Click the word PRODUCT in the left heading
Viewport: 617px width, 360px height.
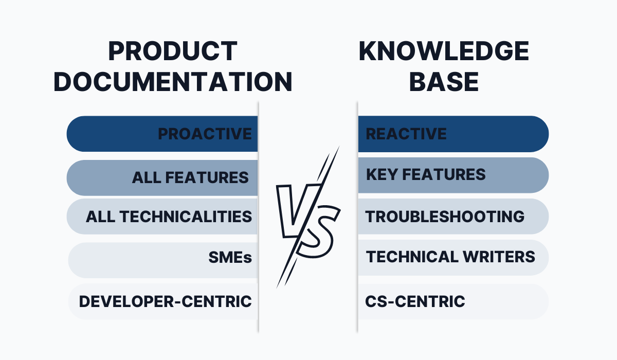173,51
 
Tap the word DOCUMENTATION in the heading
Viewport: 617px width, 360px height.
173,82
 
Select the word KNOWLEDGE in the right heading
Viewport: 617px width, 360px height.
444,51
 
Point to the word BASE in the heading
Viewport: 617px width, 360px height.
444,82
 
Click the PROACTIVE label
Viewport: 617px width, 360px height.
205,134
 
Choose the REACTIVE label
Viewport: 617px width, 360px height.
406,134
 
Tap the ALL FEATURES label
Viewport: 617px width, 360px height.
190,177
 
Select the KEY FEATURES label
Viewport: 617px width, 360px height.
426,175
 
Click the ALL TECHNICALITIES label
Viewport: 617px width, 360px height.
169,217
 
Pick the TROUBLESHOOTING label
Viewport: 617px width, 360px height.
445,217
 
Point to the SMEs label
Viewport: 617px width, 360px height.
230,258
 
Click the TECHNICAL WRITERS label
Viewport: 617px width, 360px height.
450,257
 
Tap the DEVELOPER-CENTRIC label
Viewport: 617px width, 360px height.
165,301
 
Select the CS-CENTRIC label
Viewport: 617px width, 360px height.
415,301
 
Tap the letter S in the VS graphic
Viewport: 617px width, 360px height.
319,232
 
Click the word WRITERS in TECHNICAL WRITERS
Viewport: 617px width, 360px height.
499,257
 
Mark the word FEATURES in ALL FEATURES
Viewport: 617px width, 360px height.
207,177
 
